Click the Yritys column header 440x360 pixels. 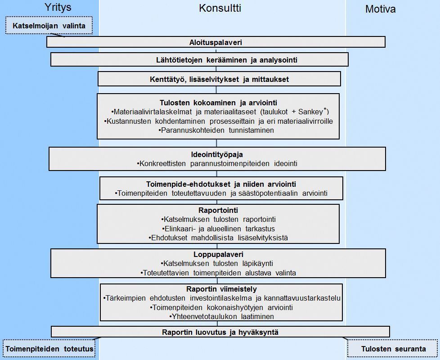pyautogui.click(x=58, y=8)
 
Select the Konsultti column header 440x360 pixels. pyautogui.click(x=220, y=8)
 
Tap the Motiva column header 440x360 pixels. pyautogui.click(x=380, y=9)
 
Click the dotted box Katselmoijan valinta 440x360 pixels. pyautogui.click(x=49, y=26)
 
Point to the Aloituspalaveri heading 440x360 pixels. pyautogui.click(x=216, y=43)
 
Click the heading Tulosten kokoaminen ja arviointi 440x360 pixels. pyautogui.click(x=218, y=103)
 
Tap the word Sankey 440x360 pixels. pyautogui.click(x=310, y=112)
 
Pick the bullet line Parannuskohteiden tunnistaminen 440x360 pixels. pyautogui.click(x=216, y=130)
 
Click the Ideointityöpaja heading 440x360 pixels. pyautogui.click(x=217, y=155)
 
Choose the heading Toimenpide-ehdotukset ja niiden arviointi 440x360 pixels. pyautogui.click(x=221, y=184)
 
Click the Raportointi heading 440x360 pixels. pyautogui.click(x=218, y=211)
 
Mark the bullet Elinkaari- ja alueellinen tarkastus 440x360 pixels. pyautogui.click(x=218, y=229)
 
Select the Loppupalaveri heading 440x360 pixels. pyautogui.click(x=218, y=255)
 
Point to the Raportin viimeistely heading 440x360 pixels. pyautogui.click(x=221, y=289)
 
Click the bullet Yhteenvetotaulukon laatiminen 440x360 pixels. pyautogui.click(x=221, y=317)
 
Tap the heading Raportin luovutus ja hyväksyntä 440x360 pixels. pyautogui.click(x=220, y=333)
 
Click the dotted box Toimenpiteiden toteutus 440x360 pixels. pyautogui.click(x=49, y=348)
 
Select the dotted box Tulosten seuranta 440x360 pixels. pyautogui.click(x=393, y=349)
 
